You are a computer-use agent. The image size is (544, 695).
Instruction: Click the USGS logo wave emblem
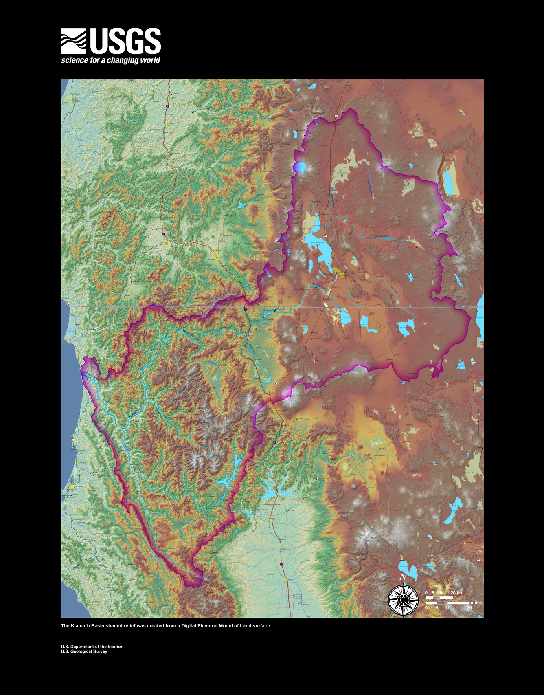pos(73,41)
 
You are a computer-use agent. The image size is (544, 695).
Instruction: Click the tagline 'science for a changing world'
pos(110,60)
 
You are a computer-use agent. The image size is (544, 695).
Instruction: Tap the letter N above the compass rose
pos(403,577)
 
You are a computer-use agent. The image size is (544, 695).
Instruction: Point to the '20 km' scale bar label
pos(457,593)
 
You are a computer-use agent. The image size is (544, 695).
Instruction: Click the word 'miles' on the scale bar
pos(476,603)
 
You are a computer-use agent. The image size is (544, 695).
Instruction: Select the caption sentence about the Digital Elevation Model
pos(166,626)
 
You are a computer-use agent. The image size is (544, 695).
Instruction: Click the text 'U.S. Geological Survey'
pos(84,651)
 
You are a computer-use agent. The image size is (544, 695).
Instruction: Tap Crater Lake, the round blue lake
pos(300,167)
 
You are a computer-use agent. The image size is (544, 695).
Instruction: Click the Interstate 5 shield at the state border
pos(246,310)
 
